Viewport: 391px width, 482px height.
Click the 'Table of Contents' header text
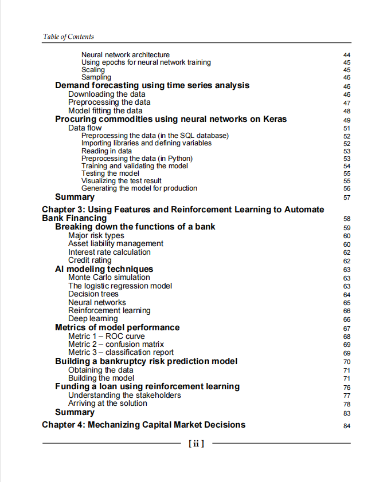(x=68, y=37)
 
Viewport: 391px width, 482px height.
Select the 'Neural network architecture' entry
(x=125, y=55)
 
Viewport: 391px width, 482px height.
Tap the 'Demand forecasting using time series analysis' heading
(x=152, y=85)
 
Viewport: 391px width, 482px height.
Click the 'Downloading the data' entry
(x=107, y=94)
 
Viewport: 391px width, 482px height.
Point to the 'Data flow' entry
(x=85, y=128)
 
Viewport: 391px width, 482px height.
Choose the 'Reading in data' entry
(x=107, y=151)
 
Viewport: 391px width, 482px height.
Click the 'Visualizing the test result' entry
(x=121, y=181)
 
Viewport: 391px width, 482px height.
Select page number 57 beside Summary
(x=346, y=198)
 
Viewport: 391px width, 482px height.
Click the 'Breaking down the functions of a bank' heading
(x=135, y=227)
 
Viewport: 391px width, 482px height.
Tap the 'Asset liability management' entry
(x=115, y=244)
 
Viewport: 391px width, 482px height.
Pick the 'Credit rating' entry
(x=89, y=260)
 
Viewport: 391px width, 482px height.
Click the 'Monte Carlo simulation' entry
(x=109, y=278)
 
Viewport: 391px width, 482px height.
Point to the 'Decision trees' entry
(x=93, y=294)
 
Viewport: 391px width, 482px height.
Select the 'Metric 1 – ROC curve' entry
(x=106, y=337)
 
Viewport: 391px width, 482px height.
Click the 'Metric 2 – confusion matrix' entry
(x=116, y=345)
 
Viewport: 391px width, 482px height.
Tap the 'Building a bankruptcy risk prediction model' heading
(x=146, y=361)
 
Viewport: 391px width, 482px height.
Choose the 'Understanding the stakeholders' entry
(x=124, y=396)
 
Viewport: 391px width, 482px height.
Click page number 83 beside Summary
(x=346, y=413)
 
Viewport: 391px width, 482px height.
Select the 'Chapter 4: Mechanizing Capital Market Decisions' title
(x=143, y=425)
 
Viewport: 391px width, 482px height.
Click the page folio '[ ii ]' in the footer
(x=196, y=443)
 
